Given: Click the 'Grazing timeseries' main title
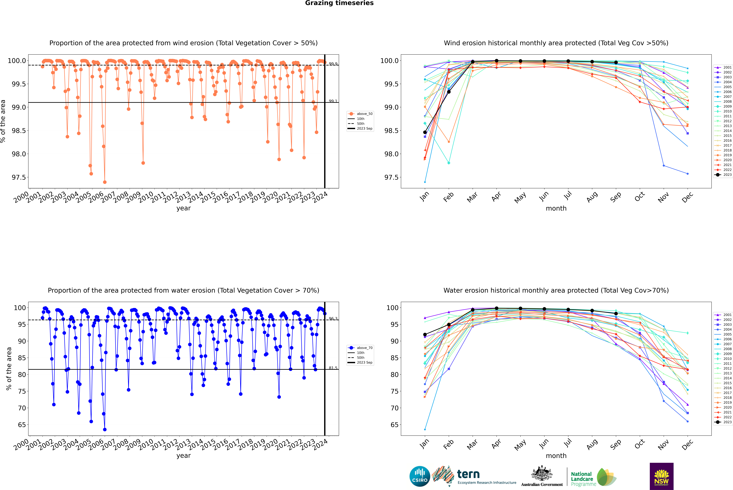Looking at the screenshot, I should click(x=339, y=3).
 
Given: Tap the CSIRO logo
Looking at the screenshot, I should click(x=420, y=476).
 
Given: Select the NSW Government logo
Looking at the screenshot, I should click(x=661, y=476).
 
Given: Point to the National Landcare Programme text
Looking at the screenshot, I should click(x=582, y=479).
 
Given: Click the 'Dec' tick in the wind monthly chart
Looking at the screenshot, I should click(x=687, y=198).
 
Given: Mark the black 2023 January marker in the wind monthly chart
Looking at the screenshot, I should click(x=425, y=132).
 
